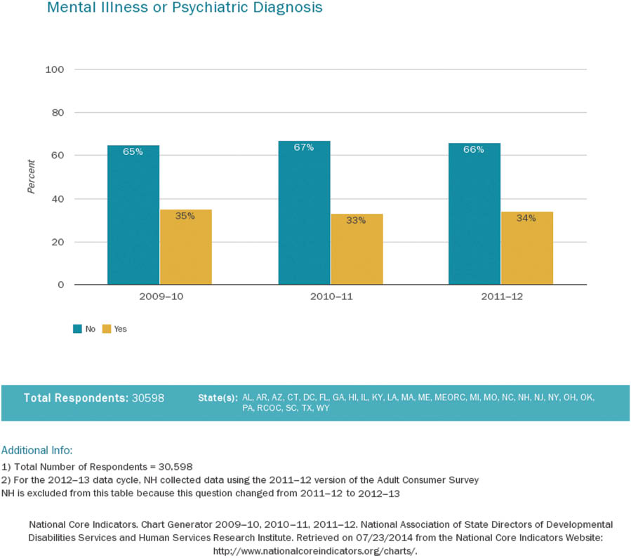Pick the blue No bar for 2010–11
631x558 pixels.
tap(304, 213)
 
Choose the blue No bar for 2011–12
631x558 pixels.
tap(474, 214)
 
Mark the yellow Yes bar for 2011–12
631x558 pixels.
tap(527, 248)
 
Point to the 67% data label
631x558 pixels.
tap(304, 147)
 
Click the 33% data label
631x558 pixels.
tap(356, 220)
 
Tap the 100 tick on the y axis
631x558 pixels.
tap(55, 69)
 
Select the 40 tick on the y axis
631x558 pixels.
tap(58, 199)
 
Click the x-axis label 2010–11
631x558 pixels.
tap(331, 297)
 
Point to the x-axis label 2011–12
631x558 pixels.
tap(501, 297)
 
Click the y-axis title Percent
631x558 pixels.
tap(31, 177)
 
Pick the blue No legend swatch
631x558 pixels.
tap(77, 329)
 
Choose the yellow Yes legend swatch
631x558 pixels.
tap(107, 329)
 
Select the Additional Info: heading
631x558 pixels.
tap(37, 449)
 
